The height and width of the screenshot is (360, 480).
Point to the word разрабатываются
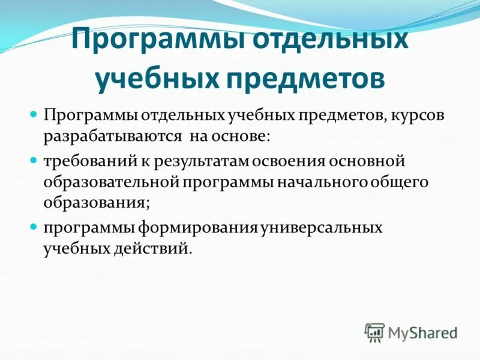click(x=112, y=136)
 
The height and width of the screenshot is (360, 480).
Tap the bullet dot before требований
click(x=34, y=161)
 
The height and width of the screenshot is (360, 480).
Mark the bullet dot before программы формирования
click(x=34, y=229)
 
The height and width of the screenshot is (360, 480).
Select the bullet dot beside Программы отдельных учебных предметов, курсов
click(x=34, y=115)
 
